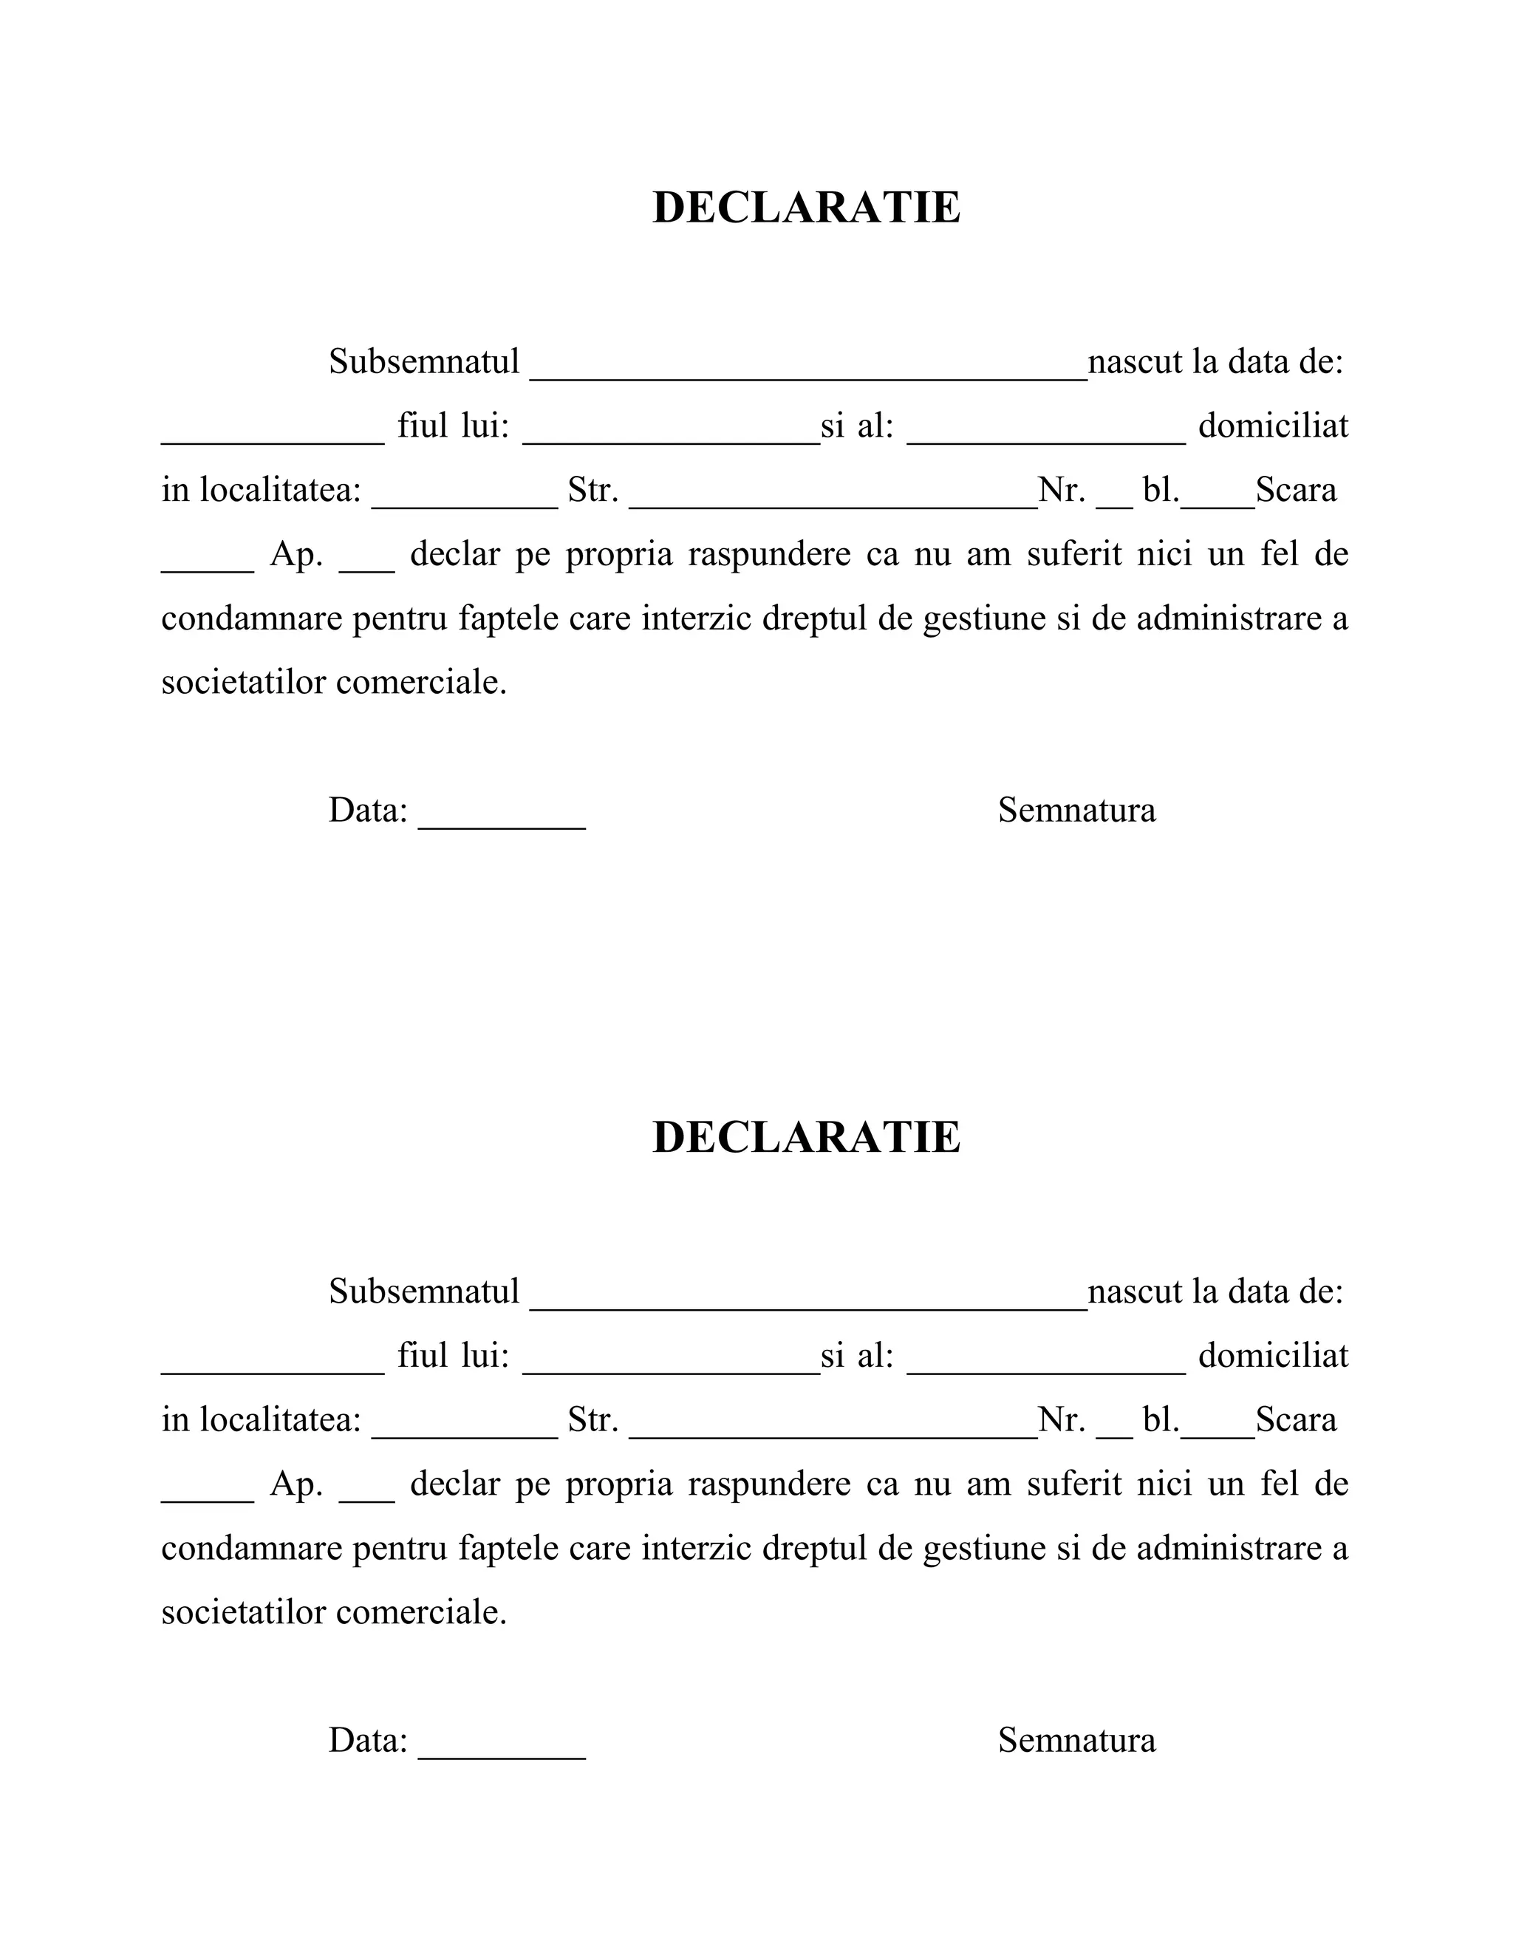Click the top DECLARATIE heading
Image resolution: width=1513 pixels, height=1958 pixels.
[806, 208]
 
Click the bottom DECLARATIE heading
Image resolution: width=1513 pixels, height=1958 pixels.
[806, 1138]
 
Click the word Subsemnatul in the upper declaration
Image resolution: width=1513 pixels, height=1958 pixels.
[424, 362]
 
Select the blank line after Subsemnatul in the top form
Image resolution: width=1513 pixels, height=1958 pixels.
[807, 372]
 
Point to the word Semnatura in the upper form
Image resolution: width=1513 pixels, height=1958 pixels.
[1076, 811]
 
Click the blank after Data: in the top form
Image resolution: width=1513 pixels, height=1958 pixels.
[502, 819]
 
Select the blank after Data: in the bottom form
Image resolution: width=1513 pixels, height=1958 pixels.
[502, 1749]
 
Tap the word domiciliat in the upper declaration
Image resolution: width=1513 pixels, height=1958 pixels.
[1273, 426]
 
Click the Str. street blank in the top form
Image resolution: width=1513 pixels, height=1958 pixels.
[833, 500]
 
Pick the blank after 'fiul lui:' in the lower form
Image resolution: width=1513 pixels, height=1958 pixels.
[671, 1365]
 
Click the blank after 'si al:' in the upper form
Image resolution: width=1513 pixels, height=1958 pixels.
[1046, 436]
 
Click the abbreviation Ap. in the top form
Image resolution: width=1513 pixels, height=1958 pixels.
[296, 555]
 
